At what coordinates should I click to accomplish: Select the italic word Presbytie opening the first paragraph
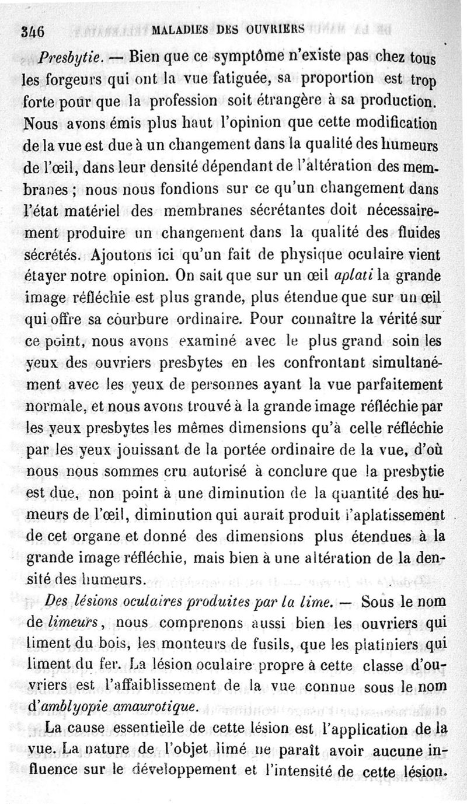click(71, 58)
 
